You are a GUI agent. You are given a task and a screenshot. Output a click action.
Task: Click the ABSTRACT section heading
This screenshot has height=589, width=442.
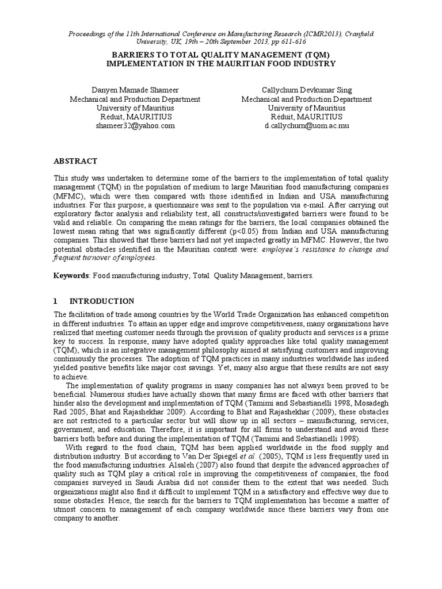point(75,161)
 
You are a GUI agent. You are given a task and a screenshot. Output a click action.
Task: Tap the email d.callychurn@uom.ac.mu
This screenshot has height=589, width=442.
point(307,125)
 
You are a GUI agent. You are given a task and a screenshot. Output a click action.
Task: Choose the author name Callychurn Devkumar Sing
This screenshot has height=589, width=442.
point(307,90)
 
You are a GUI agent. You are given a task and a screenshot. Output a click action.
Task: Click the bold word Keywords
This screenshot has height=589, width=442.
point(71,276)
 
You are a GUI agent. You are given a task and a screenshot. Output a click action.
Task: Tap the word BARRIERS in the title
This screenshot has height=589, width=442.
point(132,55)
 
